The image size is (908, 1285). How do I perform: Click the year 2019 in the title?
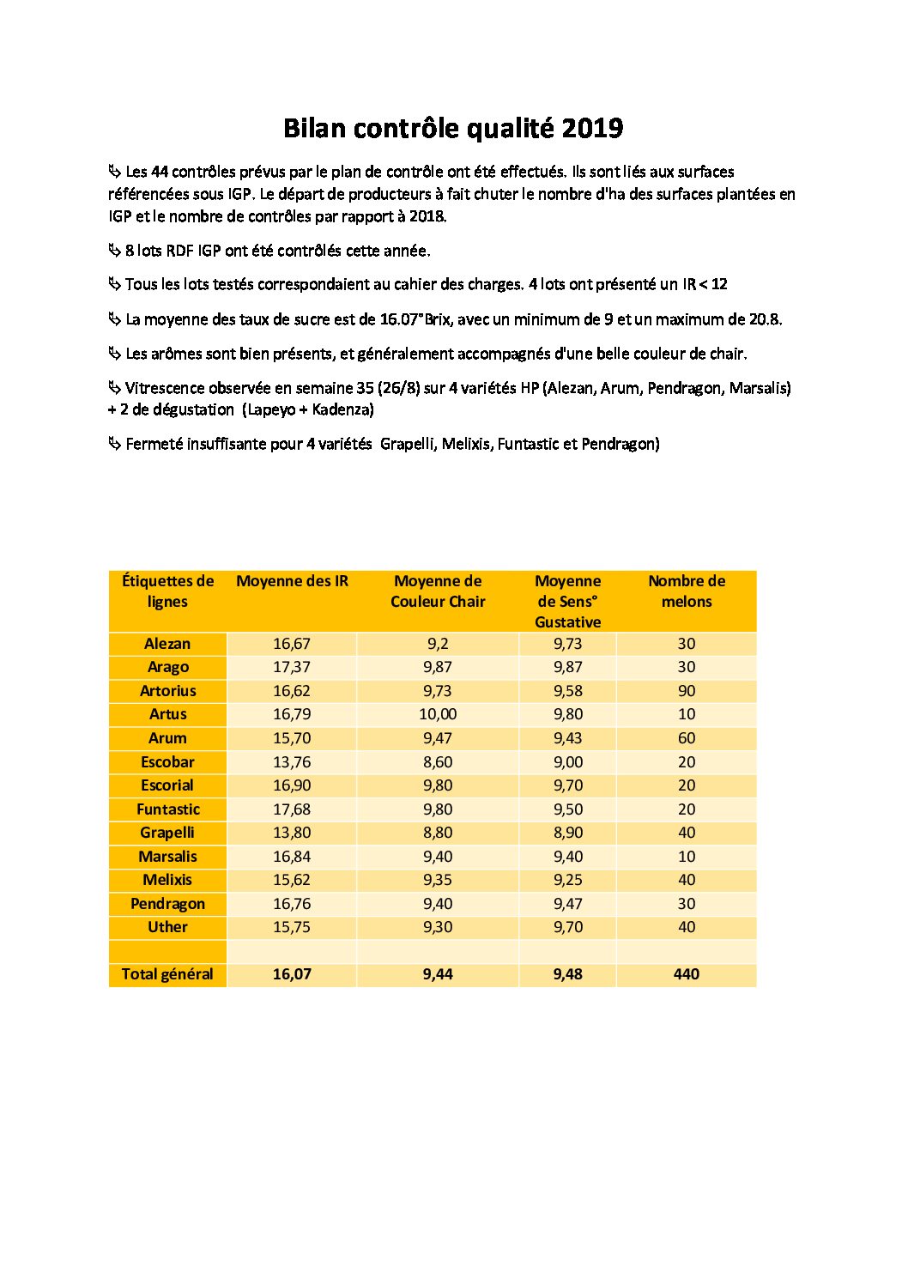[x=592, y=129]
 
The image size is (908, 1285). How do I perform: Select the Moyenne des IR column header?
[x=292, y=581]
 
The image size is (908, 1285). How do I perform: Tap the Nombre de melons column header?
[x=687, y=591]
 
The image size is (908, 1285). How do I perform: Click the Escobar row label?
[x=167, y=762]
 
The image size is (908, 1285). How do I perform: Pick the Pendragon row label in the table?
[x=167, y=904]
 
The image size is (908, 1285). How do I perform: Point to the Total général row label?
[x=167, y=974]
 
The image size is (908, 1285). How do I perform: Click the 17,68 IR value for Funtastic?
[x=292, y=809]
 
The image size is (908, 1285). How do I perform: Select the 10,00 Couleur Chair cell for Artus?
[x=438, y=714]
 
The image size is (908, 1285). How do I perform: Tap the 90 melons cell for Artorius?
[x=687, y=691]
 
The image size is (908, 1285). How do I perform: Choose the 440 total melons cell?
[x=687, y=974]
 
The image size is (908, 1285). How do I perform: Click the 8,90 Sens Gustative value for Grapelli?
[x=567, y=833]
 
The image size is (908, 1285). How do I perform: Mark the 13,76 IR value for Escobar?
[x=292, y=762]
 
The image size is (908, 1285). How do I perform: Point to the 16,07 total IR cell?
[x=292, y=974]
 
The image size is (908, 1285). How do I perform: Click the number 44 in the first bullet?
[x=160, y=173]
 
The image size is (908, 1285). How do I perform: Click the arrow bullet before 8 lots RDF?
[x=115, y=251]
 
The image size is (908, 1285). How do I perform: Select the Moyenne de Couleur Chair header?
[x=438, y=591]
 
